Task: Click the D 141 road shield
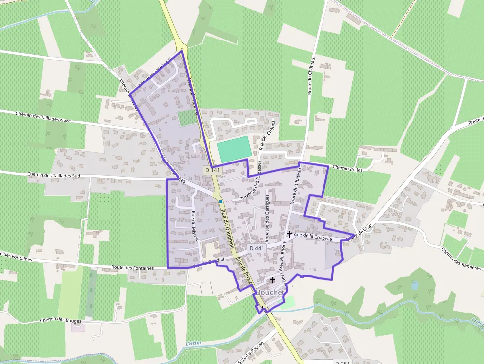point(212,170)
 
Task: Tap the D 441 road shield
point(257,248)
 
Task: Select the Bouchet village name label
point(269,292)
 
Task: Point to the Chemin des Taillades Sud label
point(54,175)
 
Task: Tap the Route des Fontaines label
point(133,267)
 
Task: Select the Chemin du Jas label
point(347,168)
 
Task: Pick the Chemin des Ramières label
point(461,259)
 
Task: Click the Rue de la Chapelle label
point(313,237)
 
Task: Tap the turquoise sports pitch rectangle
point(234,149)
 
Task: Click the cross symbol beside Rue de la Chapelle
point(289,234)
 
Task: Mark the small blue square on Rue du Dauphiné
point(221,202)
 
